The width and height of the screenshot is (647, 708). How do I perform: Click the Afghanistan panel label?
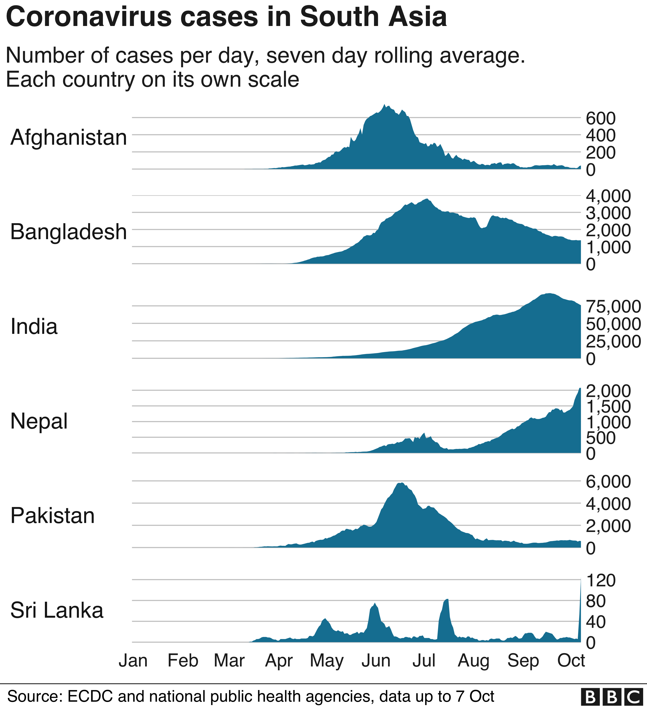(x=68, y=137)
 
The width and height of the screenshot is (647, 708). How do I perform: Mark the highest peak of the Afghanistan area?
(x=384, y=105)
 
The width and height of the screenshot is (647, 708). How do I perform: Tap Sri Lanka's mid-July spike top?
(x=447, y=599)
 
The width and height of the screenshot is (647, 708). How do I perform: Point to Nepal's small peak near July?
(x=424, y=433)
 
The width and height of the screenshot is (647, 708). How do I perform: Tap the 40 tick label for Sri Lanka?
(x=596, y=622)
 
